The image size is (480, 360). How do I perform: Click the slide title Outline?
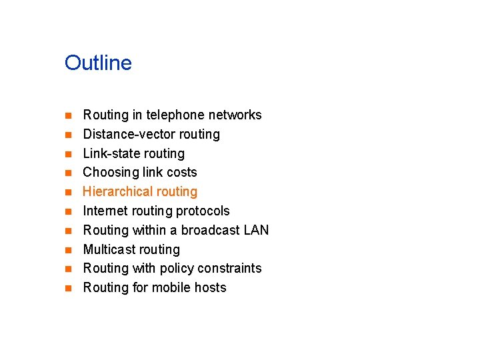[x=98, y=63]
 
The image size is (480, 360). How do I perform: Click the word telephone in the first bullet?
[x=173, y=115]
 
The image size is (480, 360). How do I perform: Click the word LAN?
[x=256, y=230]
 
